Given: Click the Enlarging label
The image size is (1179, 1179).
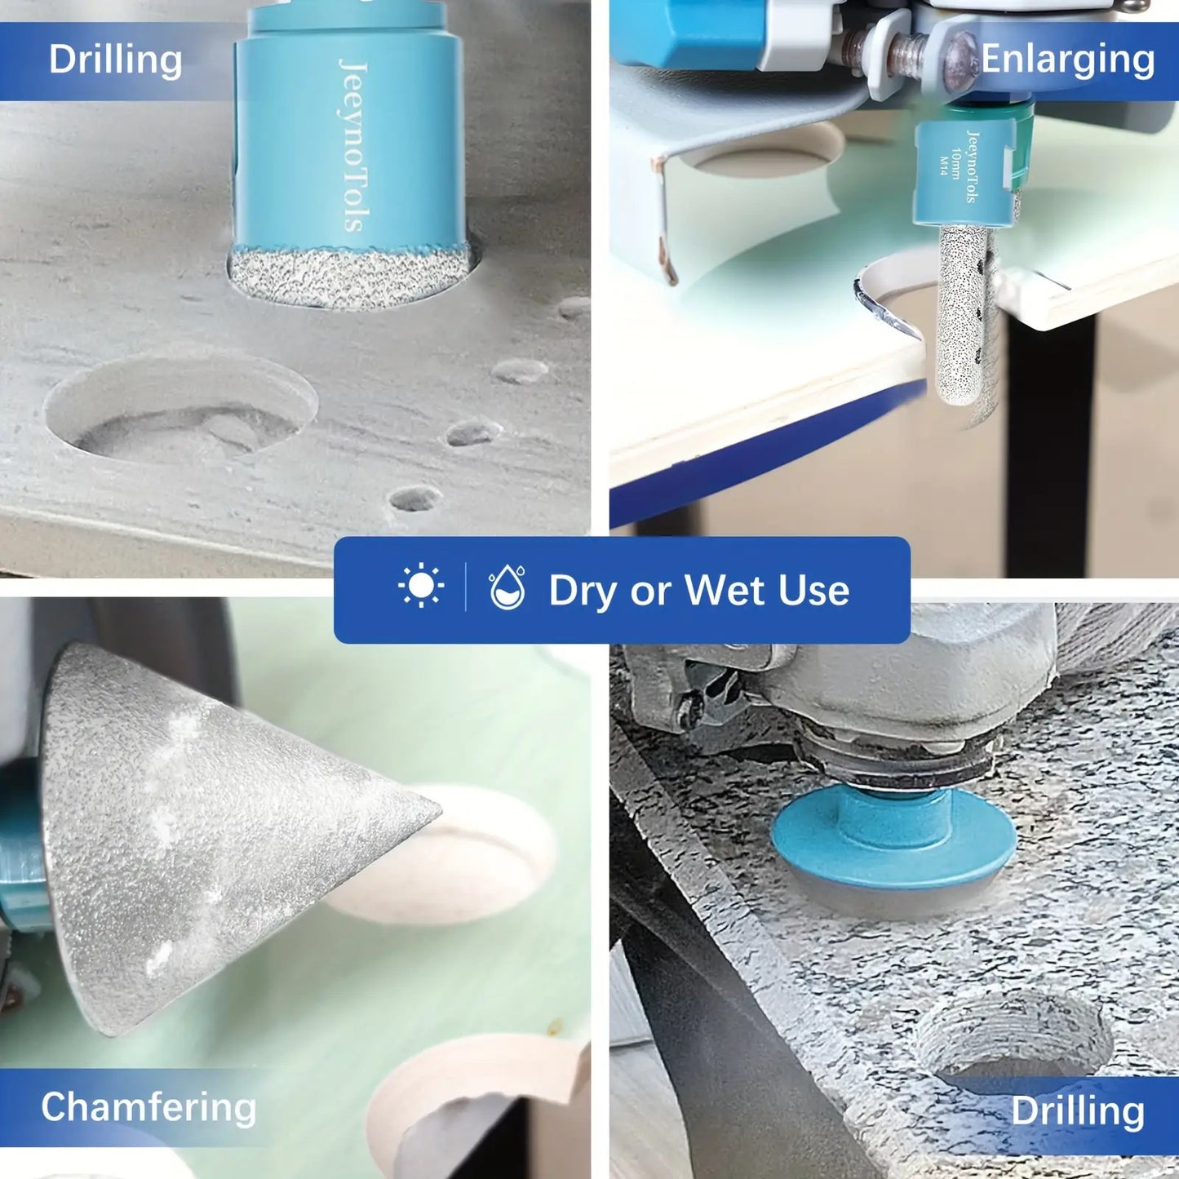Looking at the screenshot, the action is coord(1068,60).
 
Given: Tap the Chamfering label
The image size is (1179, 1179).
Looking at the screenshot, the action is coord(148,1107).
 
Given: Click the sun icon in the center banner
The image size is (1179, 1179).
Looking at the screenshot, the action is coord(421,586).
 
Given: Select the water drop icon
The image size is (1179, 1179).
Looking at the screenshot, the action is coord(508,587).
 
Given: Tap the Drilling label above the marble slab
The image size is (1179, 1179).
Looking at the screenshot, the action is coord(1077,1110).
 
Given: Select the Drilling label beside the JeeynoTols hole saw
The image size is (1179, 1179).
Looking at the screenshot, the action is coord(116,60).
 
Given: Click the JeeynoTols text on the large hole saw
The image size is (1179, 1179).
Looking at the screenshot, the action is coord(354,145).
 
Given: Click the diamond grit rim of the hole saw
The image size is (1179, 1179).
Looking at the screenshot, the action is coord(348,277).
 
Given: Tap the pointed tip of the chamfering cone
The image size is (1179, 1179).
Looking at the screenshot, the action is coord(438,813).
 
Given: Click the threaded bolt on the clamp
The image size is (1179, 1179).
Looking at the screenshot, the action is coord(904,51).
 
